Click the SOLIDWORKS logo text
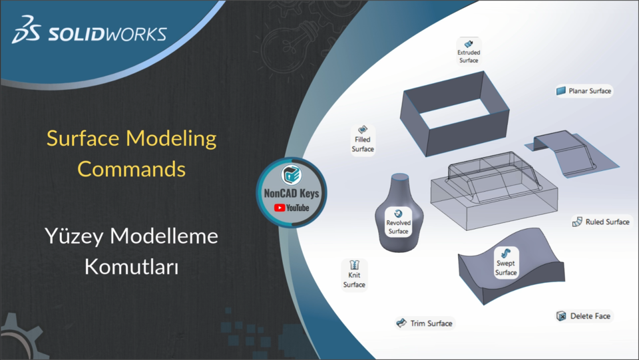point(106,33)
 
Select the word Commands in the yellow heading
point(131,168)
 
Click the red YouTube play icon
point(280,208)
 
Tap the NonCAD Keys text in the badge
point(292,194)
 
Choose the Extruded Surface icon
point(469,42)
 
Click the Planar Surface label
point(590,90)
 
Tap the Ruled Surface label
point(607,222)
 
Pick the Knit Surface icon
point(354,264)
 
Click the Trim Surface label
point(431,323)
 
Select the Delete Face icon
point(562,316)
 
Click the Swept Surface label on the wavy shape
point(506,268)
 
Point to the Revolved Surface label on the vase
point(398,227)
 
